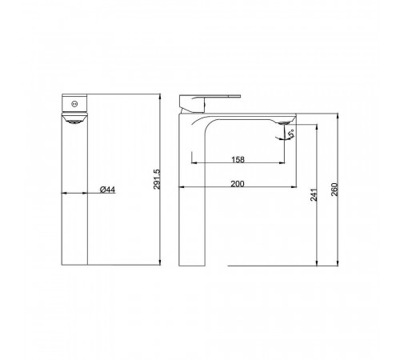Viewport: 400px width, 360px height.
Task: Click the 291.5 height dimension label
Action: pyautogui.click(x=157, y=179)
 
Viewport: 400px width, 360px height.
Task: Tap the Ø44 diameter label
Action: pyautogui.click(x=107, y=190)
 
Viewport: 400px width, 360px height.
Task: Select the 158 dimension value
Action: pyautogui.click(x=238, y=159)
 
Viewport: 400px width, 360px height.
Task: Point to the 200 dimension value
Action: pyautogui.click(x=238, y=184)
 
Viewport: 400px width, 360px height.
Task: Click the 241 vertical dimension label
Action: pyautogui.click(x=314, y=194)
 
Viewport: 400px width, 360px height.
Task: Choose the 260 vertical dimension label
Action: pyautogui.click(x=334, y=190)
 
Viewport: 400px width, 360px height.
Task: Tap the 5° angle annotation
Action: pyautogui.click(x=291, y=133)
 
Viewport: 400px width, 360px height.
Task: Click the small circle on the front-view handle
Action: pyautogui.click(x=74, y=104)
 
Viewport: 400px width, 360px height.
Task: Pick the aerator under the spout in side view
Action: pyautogui.click(x=283, y=123)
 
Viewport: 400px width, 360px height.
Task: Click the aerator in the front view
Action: pyautogui.click(x=74, y=122)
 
